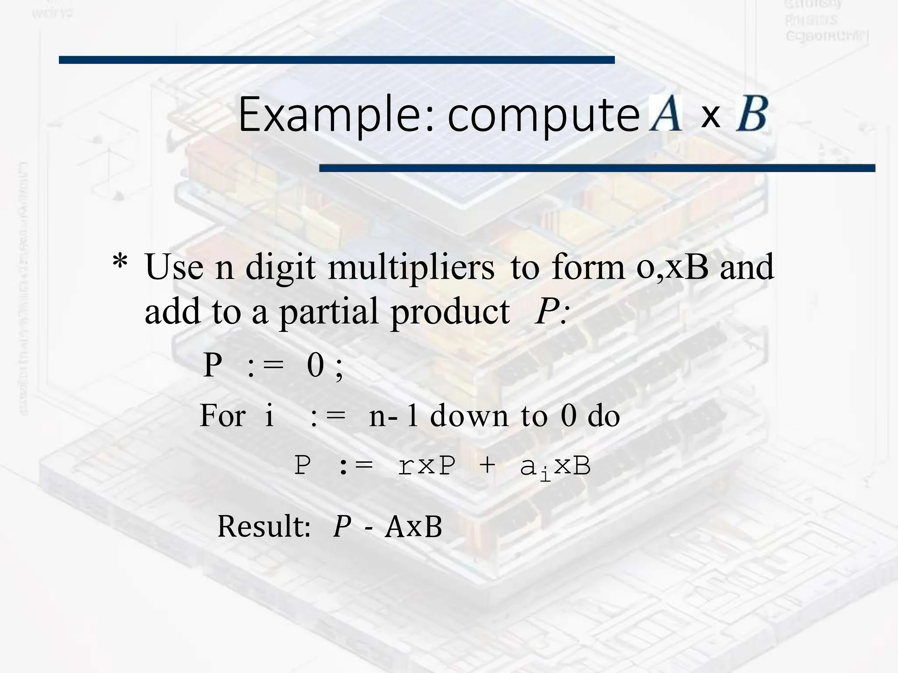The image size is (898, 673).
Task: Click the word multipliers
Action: pyautogui.click(x=411, y=267)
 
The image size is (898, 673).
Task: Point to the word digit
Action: pyautogui.click(x=280, y=267)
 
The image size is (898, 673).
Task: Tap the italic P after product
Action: pyautogui.click(x=545, y=311)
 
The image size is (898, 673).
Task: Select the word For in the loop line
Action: pyautogui.click(x=222, y=415)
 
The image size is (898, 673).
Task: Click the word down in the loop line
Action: pyautogui.click(x=469, y=415)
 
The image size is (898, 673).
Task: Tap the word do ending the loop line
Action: pyautogui.click(x=603, y=415)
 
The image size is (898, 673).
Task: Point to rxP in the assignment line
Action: pyautogui.click(x=426, y=465)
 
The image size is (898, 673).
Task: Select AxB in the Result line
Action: pyautogui.click(x=413, y=526)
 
